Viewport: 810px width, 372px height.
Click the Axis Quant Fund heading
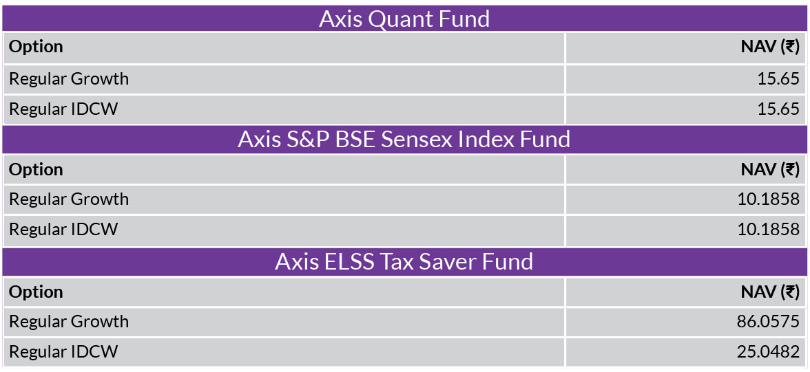click(x=404, y=19)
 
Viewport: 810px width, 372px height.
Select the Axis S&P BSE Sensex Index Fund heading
click(x=404, y=140)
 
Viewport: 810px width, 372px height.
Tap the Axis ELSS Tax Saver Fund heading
click(x=404, y=261)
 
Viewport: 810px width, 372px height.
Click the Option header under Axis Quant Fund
click(x=36, y=47)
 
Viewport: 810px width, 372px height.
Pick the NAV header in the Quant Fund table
click(x=770, y=47)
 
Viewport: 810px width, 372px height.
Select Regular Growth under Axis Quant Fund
click(x=69, y=79)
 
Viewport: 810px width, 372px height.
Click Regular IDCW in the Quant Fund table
click(x=63, y=109)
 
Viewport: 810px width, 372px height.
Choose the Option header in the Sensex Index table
click(x=36, y=170)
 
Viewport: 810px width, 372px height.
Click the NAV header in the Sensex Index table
click(x=770, y=170)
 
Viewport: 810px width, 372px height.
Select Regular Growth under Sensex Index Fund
click(x=69, y=199)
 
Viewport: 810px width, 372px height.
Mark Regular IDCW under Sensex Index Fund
click(x=63, y=229)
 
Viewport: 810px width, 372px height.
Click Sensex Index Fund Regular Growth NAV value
click(x=769, y=199)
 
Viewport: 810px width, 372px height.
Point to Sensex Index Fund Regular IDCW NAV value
click(x=769, y=229)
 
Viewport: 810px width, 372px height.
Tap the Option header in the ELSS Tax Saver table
click(x=36, y=292)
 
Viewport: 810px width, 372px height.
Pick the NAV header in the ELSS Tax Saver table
click(x=770, y=292)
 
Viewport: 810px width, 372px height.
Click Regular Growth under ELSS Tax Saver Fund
click(x=69, y=321)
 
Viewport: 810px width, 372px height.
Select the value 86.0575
click(x=769, y=321)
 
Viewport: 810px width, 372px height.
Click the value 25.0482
click(x=769, y=352)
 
